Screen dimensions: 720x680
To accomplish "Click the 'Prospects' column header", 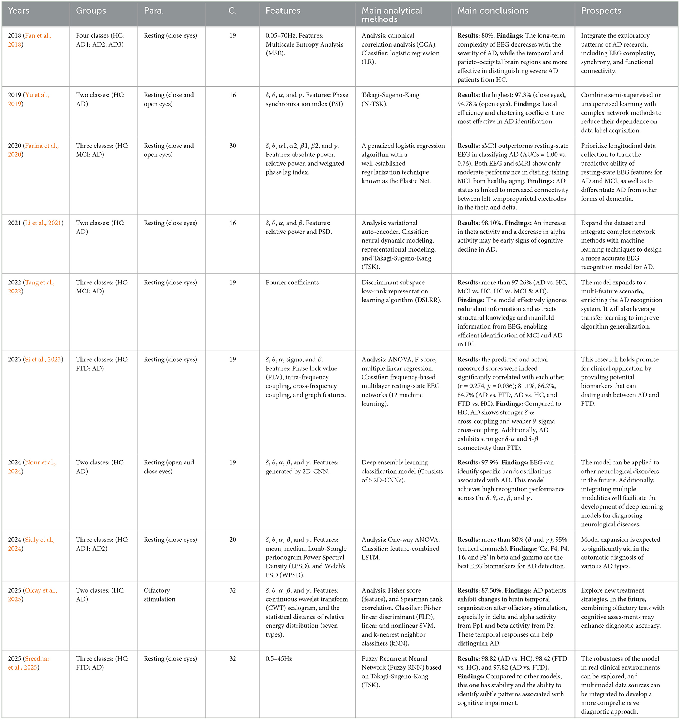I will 601,11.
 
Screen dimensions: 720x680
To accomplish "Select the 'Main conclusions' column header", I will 492,11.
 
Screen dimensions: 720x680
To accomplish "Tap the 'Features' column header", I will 283,11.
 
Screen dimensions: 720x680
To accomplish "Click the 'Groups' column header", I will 90,11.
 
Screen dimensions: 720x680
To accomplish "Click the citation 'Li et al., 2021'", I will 43,223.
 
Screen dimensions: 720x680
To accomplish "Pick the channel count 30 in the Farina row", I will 233,146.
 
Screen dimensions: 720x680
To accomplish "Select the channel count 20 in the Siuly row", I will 233,540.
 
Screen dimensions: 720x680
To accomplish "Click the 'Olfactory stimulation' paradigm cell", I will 159,594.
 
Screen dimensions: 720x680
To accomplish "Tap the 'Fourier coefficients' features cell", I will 292,282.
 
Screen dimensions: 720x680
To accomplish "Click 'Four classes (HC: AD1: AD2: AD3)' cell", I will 100,40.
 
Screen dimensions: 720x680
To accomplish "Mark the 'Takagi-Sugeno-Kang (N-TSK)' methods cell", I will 390,99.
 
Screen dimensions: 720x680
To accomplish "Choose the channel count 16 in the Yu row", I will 233,95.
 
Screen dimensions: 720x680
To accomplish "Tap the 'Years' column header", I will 19,11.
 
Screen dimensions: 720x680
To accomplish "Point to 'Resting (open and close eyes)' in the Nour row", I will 168,467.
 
